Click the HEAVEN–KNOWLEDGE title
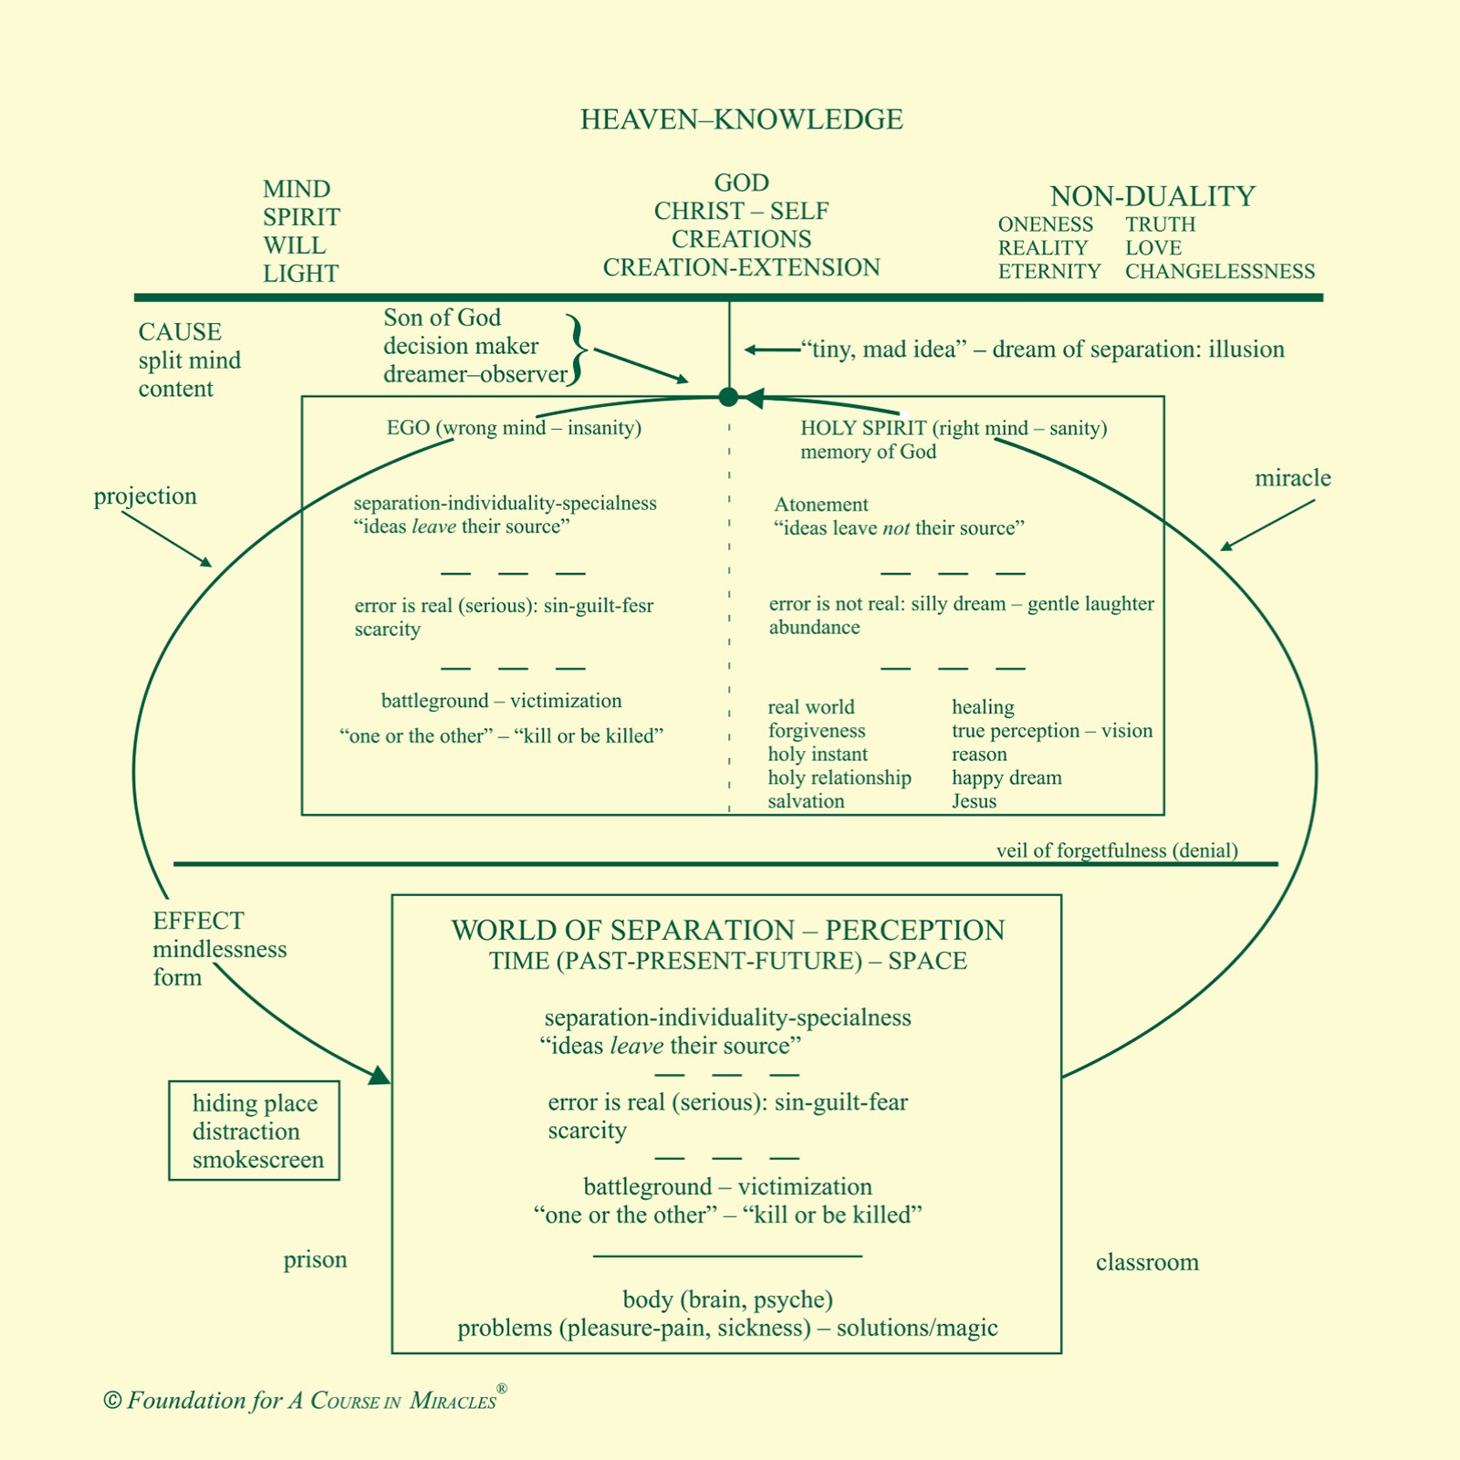tap(741, 120)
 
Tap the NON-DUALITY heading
tap(1152, 196)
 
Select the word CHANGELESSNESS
tap(1219, 272)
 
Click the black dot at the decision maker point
tap(728, 397)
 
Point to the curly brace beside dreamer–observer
tap(576, 349)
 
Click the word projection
tap(145, 496)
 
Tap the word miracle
tap(1292, 478)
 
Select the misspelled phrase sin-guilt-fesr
tap(599, 606)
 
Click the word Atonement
tap(821, 505)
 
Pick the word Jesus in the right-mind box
tap(974, 801)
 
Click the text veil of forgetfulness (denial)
tap(1117, 850)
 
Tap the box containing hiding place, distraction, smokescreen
tap(255, 1131)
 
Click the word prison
tap(315, 1260)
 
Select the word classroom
tap(1147, 1263)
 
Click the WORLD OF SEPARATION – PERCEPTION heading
tap(727, 931)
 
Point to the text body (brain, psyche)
tap(727, 1299)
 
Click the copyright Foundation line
tap(305, 1401)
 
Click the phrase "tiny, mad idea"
tap(882, 349)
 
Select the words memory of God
tap(868, 453)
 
